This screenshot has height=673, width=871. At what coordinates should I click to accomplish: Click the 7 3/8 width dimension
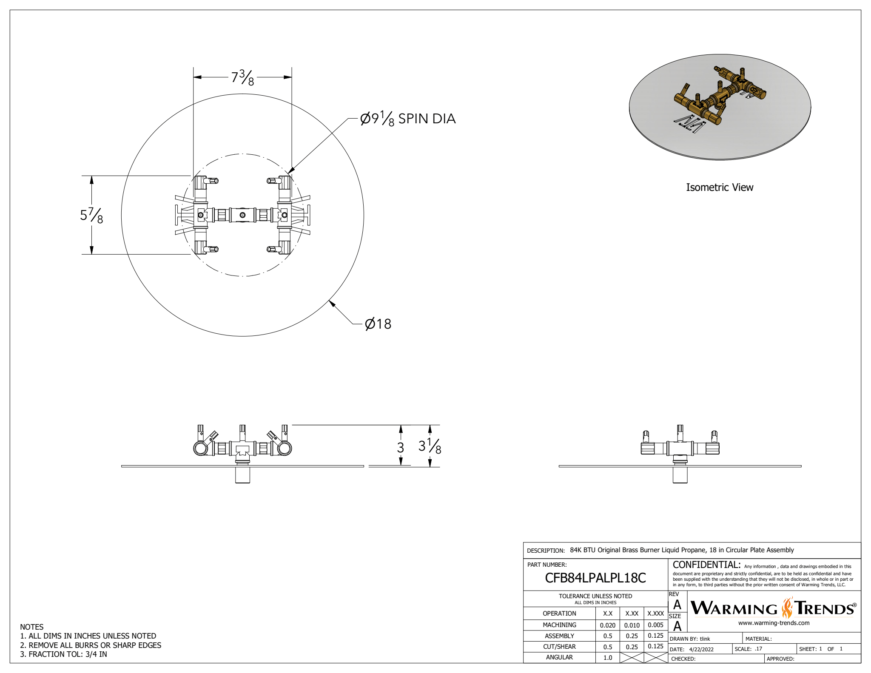[242, 77]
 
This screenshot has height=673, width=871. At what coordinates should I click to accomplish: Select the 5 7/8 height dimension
[91, 215]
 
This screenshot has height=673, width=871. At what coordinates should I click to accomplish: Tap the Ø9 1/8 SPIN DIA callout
[407, 119]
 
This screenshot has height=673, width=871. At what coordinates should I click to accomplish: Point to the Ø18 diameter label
[378, 324]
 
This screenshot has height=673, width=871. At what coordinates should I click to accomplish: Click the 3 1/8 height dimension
[430, 446]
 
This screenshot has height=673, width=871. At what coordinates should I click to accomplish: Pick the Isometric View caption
[719, 187]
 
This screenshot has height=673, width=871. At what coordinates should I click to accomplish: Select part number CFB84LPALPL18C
[595, 578]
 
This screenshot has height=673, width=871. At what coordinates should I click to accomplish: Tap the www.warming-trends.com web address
[774, 623]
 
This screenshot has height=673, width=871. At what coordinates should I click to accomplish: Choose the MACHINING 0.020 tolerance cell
[607, 625]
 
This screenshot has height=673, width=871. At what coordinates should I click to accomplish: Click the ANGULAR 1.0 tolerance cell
[607, 657]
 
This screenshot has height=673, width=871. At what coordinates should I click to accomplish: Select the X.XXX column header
[655, 613]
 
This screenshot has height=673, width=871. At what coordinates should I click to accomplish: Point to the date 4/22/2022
[701, 649]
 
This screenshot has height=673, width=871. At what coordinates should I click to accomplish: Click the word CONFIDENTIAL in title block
[706, 565]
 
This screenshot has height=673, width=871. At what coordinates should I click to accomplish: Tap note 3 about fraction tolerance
[64, 654]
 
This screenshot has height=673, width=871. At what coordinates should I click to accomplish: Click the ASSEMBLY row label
[559, 636]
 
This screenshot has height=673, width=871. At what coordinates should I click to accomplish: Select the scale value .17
[758, 649]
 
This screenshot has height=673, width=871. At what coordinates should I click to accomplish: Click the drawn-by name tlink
[705, 639]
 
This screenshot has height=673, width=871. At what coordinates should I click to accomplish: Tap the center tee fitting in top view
[242, 215]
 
